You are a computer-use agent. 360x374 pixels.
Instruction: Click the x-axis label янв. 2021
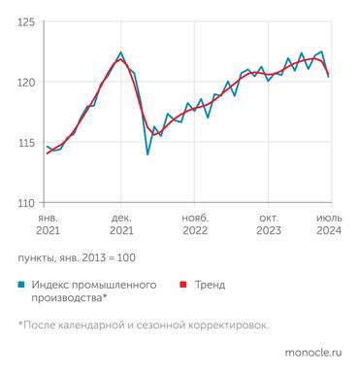coord(48,224)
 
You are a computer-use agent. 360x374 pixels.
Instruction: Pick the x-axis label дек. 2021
coord(121,224)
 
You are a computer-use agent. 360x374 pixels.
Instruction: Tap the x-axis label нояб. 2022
coord(195,224)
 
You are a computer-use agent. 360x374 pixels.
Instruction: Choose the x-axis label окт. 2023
coord(271,224)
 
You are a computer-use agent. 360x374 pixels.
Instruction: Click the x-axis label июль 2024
coord(329,224)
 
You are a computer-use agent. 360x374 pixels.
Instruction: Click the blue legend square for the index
coord(20,286)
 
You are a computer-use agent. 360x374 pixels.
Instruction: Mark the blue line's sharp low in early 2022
coord(147,154)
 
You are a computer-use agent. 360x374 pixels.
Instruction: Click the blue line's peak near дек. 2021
coord(120,52)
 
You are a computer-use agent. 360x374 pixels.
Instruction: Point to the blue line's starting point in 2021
coord(47,147)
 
